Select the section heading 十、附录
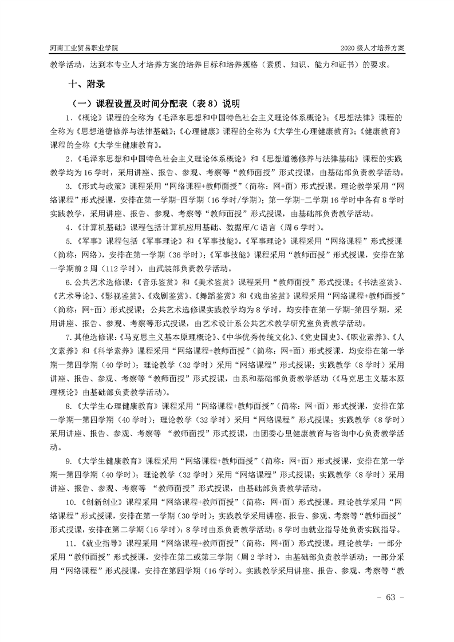(86, 84)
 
